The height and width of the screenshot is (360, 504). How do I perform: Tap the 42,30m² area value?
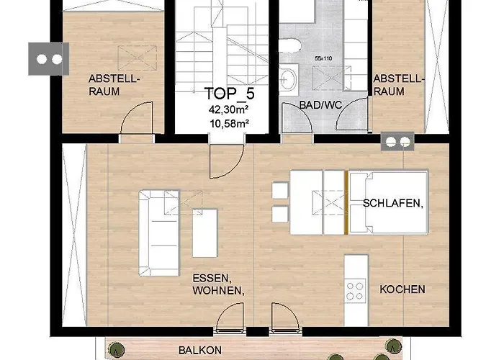coord(227,110)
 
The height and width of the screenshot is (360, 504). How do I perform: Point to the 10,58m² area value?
coord(227,123)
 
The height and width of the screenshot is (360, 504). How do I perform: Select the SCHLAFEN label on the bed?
coord(392,203)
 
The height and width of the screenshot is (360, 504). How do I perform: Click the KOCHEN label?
coord(402,289)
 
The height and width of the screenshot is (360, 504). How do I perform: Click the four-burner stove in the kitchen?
coord(355,291)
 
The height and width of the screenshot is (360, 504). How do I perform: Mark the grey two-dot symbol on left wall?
coord(48,58)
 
